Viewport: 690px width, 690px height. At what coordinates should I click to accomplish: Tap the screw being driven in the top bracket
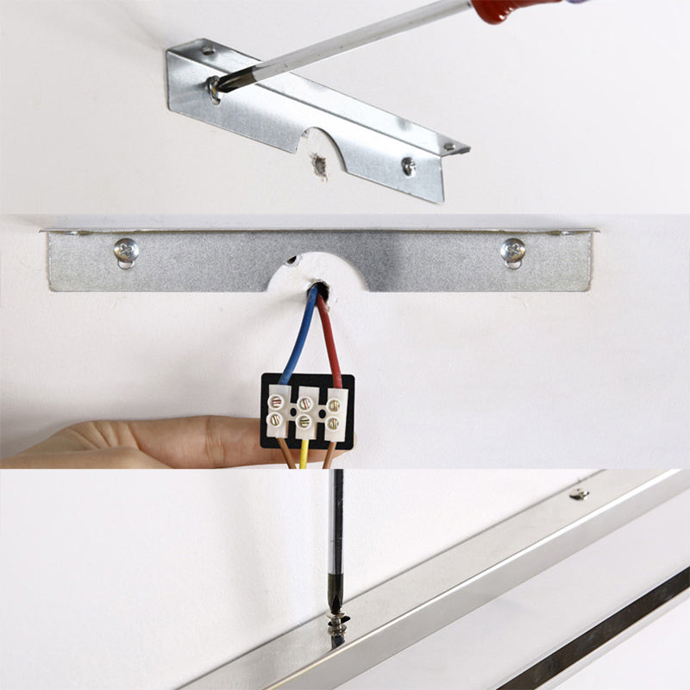[x=213, y=85]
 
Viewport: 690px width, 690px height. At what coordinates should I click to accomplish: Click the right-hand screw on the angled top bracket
[x=408, y=165]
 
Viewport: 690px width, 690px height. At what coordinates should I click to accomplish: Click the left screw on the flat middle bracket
[x=126, y=250]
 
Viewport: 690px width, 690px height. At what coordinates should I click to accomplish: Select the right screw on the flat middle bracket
[x=512, y=250]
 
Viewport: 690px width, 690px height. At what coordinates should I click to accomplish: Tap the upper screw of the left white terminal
[x=277, y=401]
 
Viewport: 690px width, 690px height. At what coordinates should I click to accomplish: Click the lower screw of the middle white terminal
[x=304, y=423]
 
